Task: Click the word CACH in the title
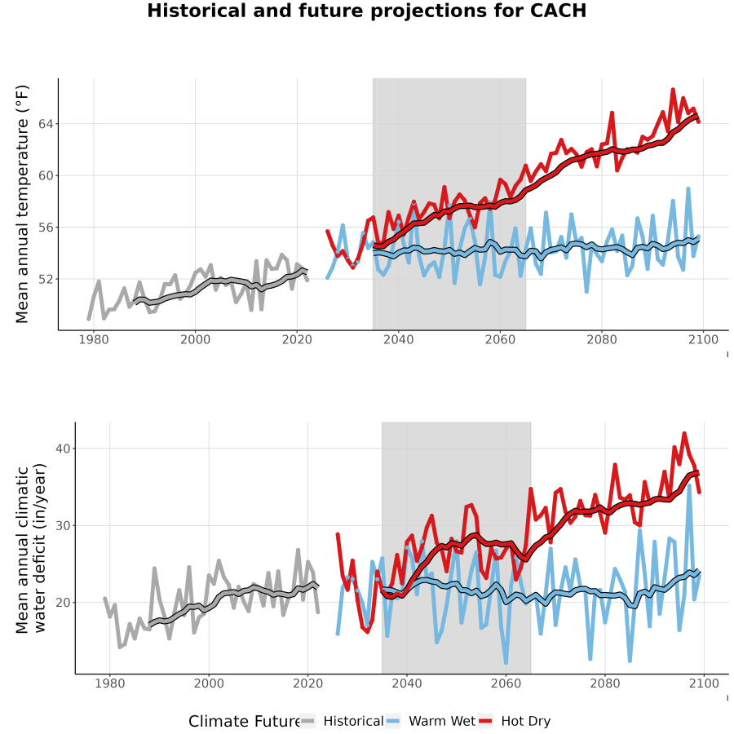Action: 558,11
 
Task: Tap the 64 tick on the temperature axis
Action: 46,124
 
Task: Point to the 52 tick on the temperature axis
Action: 46,280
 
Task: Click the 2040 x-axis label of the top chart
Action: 398,339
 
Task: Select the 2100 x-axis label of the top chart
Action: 703,339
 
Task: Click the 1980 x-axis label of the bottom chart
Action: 110,683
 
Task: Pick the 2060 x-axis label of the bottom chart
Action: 506,683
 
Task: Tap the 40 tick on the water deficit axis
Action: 63,449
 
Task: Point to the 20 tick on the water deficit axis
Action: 63,603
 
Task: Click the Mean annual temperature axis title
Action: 22,204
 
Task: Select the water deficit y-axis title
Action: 31,548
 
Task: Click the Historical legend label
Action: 353,721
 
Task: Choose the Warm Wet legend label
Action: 442,721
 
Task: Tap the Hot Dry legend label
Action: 526,721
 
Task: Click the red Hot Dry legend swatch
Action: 485,722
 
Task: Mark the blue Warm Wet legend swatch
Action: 393,722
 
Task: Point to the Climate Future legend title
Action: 245,722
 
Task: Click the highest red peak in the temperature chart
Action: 673,89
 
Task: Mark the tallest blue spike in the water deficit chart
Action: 689,485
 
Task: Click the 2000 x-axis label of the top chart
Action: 195,339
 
